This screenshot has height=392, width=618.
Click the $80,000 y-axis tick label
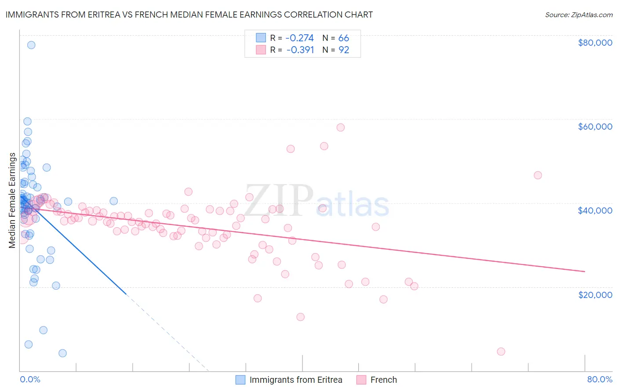tap(595, 43)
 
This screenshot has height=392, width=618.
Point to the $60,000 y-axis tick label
tap(595, 127)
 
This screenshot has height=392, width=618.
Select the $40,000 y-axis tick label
tap(595, 211)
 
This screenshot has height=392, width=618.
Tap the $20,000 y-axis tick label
tap(595, 294)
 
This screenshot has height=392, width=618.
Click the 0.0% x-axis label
tap(30, 379)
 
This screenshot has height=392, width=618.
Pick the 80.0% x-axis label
tap(600, 379)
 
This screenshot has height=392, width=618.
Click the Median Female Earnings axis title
tap(12, 200)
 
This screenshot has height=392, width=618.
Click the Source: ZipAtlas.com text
tap(578, 15)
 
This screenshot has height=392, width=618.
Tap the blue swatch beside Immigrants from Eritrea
tap(240, 380)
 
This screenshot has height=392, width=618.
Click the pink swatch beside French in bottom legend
tap(361, 380)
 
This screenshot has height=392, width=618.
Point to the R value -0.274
tap(300, 38)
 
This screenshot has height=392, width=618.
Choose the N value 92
tap(344, 50)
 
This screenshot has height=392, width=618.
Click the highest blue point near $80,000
tap(31, 45)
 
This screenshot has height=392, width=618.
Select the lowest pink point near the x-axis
tap(501, 352)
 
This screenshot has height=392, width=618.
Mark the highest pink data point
tap(341, 127)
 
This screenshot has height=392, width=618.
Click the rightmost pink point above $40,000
tap(538, 175)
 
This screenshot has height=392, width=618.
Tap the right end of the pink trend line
tap(585, 272)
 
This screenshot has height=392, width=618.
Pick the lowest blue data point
tap(62, 353)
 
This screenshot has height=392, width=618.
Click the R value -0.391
tap(300, 50)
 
